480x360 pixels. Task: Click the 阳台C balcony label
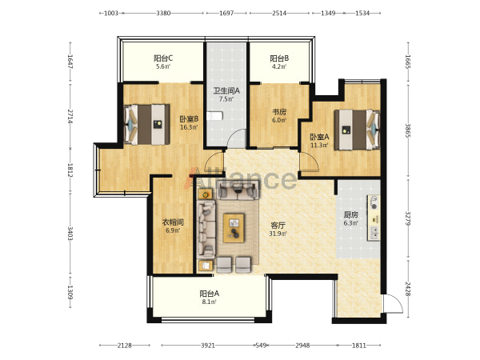click(163, 58)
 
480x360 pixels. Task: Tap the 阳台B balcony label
click(279, 58)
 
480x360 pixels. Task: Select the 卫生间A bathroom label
click(226, 90)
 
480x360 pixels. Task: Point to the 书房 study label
click(279, 112)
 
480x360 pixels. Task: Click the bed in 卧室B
click(146, 124)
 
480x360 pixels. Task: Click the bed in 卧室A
click(357, 130)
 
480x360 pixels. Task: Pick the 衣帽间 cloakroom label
click(173, 222)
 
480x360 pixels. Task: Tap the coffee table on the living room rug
click(234, 228)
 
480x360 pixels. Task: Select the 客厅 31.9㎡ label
click(278, 230)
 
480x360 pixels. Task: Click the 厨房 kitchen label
click(351, 214)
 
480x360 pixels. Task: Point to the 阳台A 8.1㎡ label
click(209, 298)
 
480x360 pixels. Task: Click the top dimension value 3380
click(163, 13)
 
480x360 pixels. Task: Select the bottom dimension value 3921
click(208, 346)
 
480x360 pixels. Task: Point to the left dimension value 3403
click(70, 234)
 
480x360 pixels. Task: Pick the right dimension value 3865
click(408, 130)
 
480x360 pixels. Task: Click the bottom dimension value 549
click(261, 346)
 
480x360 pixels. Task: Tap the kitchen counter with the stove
click(374, 218)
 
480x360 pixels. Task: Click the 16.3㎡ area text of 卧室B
click(189, 127)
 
